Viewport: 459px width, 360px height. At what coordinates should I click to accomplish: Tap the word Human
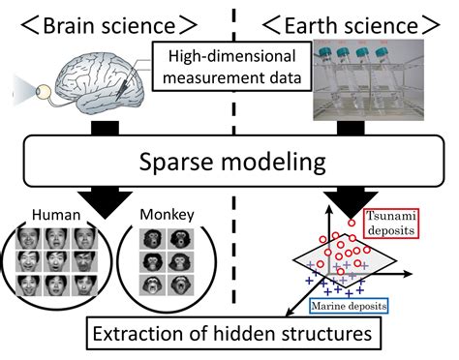pos(55,212)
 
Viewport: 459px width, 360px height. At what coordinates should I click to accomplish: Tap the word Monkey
pos(161,212)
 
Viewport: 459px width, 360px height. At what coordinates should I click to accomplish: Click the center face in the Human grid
pos(57,259)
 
